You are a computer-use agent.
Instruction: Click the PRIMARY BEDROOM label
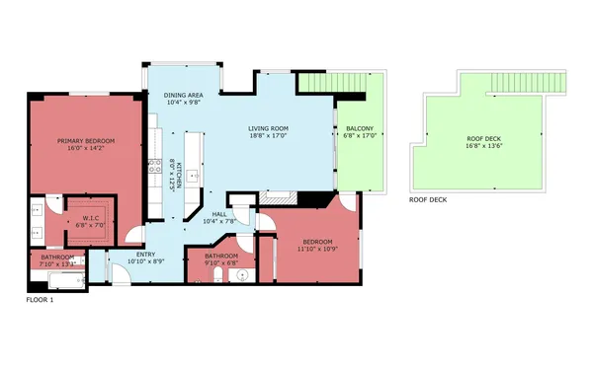click(x=85, y=141)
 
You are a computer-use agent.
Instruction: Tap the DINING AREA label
click(x=184, y=94)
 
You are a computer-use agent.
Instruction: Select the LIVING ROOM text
click(x=267, y=128)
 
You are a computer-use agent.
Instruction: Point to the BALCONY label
click(x=359, y=129)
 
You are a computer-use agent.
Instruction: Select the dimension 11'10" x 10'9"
click(x=317, y=249)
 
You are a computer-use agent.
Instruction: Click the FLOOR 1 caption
click(x=41, y=299)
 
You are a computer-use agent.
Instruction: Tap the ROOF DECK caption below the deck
click(x=428, y=199)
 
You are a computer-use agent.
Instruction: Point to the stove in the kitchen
click(x=153, y=168)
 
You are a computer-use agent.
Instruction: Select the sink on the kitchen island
click(x=194, y=176)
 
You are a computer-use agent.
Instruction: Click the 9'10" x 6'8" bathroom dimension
click(x=222, y=262)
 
